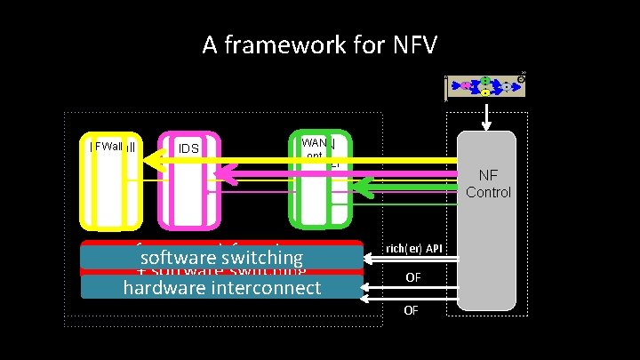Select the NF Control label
(488, 184)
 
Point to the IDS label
(188, 148)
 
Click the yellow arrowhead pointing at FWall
(152, 161)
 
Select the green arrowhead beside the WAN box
(361, 188)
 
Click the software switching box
(222, 258)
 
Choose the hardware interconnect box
(222, 287)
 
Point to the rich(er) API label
(415, 248)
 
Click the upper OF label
(413, 278)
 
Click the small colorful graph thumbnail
(484, 86)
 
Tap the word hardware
(162, 287)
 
